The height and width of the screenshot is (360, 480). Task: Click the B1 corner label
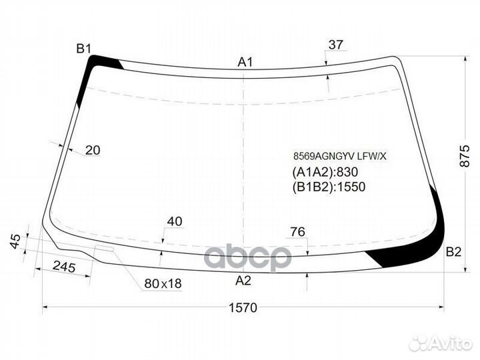point(83,49)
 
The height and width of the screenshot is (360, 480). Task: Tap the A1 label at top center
point(245,62)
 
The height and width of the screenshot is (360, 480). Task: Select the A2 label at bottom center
point(243,281)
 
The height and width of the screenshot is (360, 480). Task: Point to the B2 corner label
point(453,252)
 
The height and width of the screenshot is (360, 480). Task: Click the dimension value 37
point(336,45)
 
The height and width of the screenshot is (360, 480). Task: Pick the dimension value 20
point(93,150)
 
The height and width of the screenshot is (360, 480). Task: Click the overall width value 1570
point(243,307)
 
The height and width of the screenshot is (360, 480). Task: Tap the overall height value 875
point(465,156)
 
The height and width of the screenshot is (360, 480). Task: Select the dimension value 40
point(175,221)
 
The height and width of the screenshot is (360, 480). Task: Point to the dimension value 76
point(298,232)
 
